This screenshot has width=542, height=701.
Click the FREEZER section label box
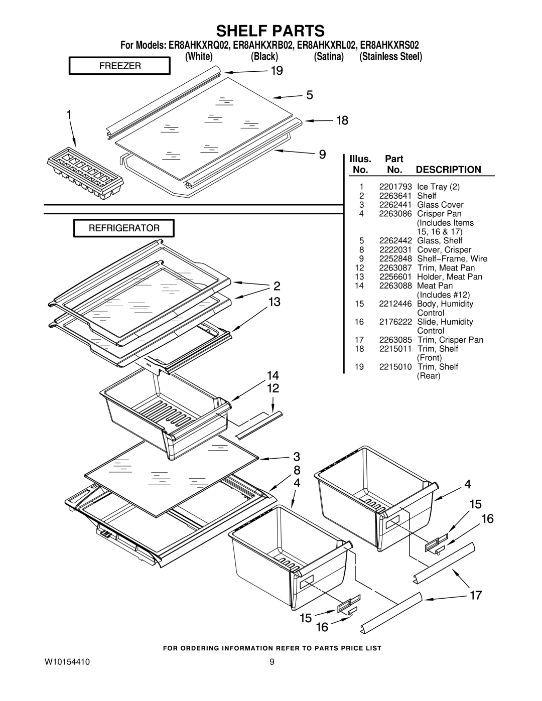pyautogui.click(x=119, y=66)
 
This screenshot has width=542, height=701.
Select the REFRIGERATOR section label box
pyautogui.click(x=124, y=228)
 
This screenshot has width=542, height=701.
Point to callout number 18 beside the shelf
pyautogui.click(x=328, y=120)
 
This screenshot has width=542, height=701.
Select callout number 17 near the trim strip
pyautogui.click(x=476, y=596)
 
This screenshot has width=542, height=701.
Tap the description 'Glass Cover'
pyautogui.click(x=440, y=205)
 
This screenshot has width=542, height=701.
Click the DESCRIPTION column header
pyautogui.click(x=448, y=170)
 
